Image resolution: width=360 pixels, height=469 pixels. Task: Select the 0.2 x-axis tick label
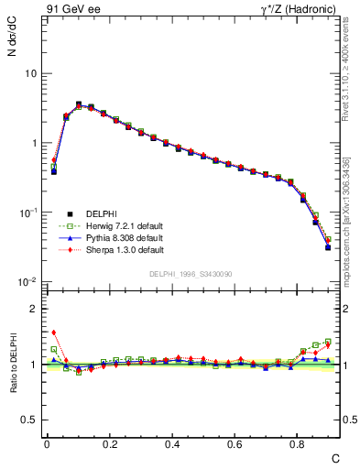coord(110,443)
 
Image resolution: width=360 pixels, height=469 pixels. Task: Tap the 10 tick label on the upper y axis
coord(31,73)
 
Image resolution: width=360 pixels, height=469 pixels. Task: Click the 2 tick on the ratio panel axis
coord(34,309)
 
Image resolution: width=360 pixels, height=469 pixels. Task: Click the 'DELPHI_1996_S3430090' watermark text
coord(190,274)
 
